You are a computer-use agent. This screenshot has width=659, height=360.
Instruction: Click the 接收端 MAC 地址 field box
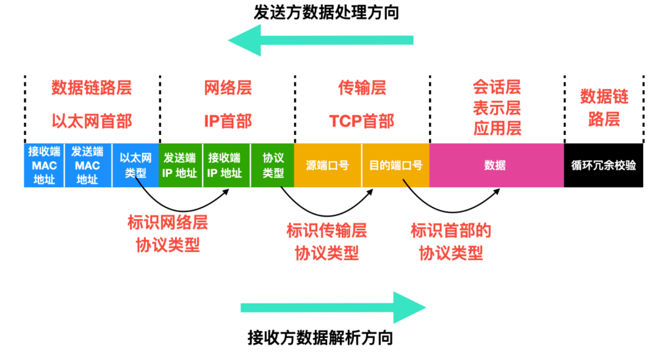(44, 165)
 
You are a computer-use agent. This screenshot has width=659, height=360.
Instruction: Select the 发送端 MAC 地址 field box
(88, 165)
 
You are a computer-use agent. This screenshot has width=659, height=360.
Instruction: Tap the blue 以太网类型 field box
(135, 165)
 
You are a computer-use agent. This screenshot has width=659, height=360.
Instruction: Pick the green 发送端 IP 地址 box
(180, 165)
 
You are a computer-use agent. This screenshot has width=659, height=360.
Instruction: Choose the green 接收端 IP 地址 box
(226, 165)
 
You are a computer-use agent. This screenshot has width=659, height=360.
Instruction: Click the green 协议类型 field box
(272, 165)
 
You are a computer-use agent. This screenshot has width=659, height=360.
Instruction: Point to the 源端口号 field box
(328, 165)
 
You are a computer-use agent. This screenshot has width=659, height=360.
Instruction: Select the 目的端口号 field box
(395, 165)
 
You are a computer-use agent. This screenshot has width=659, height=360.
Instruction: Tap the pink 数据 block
(496, 165)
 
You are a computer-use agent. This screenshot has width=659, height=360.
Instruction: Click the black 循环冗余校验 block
(603, 165)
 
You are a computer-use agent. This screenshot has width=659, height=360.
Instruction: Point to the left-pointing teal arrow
(320, 41)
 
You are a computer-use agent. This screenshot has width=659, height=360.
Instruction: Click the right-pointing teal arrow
(333, 307)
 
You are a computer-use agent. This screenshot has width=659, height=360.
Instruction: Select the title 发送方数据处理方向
(326, 13)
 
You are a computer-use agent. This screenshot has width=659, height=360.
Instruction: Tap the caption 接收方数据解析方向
(320, 337)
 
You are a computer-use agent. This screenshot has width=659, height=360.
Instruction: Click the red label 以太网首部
(92, 121)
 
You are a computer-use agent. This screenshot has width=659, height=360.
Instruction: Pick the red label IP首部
(228, 121)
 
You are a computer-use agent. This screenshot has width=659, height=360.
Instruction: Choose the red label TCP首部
(362, 121)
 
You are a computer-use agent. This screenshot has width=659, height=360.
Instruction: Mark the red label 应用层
(497, 128)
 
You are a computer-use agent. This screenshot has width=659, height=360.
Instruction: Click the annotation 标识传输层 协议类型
(327, 241)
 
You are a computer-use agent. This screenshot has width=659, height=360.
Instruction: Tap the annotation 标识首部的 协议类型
(451, 241)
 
